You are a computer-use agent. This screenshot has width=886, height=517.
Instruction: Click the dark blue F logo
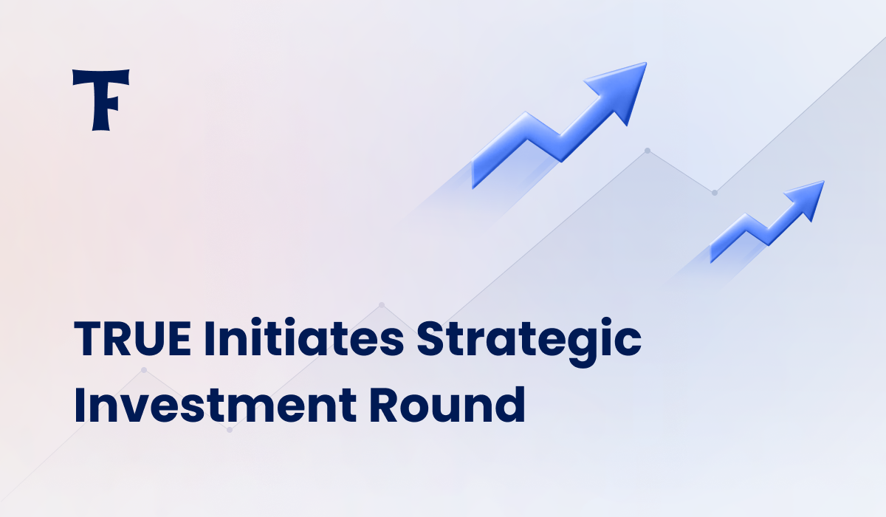100,99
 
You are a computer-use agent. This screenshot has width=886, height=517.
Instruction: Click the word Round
447,405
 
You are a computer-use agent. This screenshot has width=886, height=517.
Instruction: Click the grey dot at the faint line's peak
648,151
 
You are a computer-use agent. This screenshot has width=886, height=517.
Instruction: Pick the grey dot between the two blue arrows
715,193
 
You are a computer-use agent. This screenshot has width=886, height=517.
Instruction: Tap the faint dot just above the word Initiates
382,304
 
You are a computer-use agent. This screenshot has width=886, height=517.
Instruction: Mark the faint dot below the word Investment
230,429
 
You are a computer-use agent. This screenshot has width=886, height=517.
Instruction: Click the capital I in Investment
80,405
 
